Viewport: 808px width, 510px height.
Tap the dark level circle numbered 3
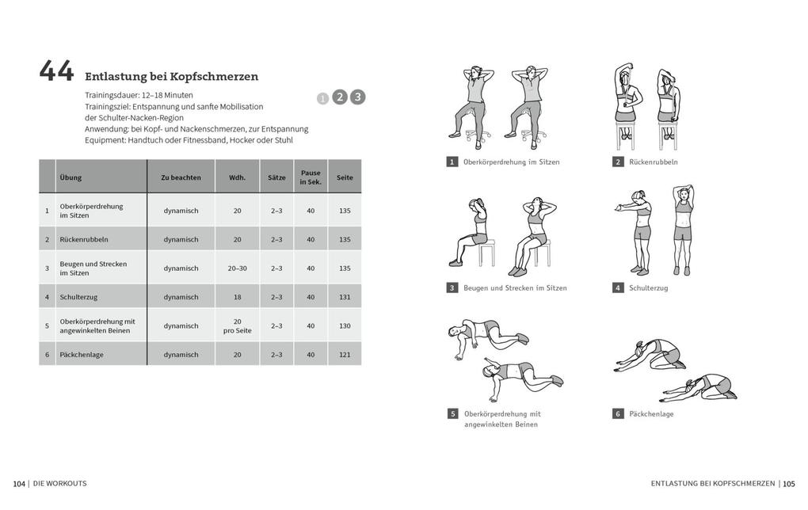[x=357, y=97]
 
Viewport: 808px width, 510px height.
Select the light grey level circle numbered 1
[x=322, y=99]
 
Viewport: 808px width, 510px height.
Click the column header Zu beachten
[x=181, y=177]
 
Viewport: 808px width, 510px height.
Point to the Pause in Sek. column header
[x=311, y=177]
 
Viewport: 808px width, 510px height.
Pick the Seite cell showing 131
[x=345, y=297]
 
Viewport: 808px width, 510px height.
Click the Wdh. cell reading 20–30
[x=237, y=268]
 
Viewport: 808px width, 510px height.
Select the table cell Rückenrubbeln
[x=84, y=239]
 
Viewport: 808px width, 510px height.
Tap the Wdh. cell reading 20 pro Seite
[x=237, y=325]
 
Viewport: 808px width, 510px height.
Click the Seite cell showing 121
[x=345, y=355]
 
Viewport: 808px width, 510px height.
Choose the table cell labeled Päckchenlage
[x=82, y=355]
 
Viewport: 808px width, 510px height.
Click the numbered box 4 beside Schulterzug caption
[x=618, y=287]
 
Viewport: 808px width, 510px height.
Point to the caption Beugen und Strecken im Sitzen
[x=515, y=288]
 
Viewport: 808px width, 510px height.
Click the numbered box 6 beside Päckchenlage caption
[x=618, y=413]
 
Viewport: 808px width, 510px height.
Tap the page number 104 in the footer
[x=19, y=483]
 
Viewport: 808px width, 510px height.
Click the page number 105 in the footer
[x=789, y=483]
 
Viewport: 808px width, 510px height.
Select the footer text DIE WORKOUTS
[x=60, y=483]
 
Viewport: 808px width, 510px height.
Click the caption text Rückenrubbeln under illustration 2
[x=654, y=162]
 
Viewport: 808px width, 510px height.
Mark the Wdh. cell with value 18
[x=237, y=297]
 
